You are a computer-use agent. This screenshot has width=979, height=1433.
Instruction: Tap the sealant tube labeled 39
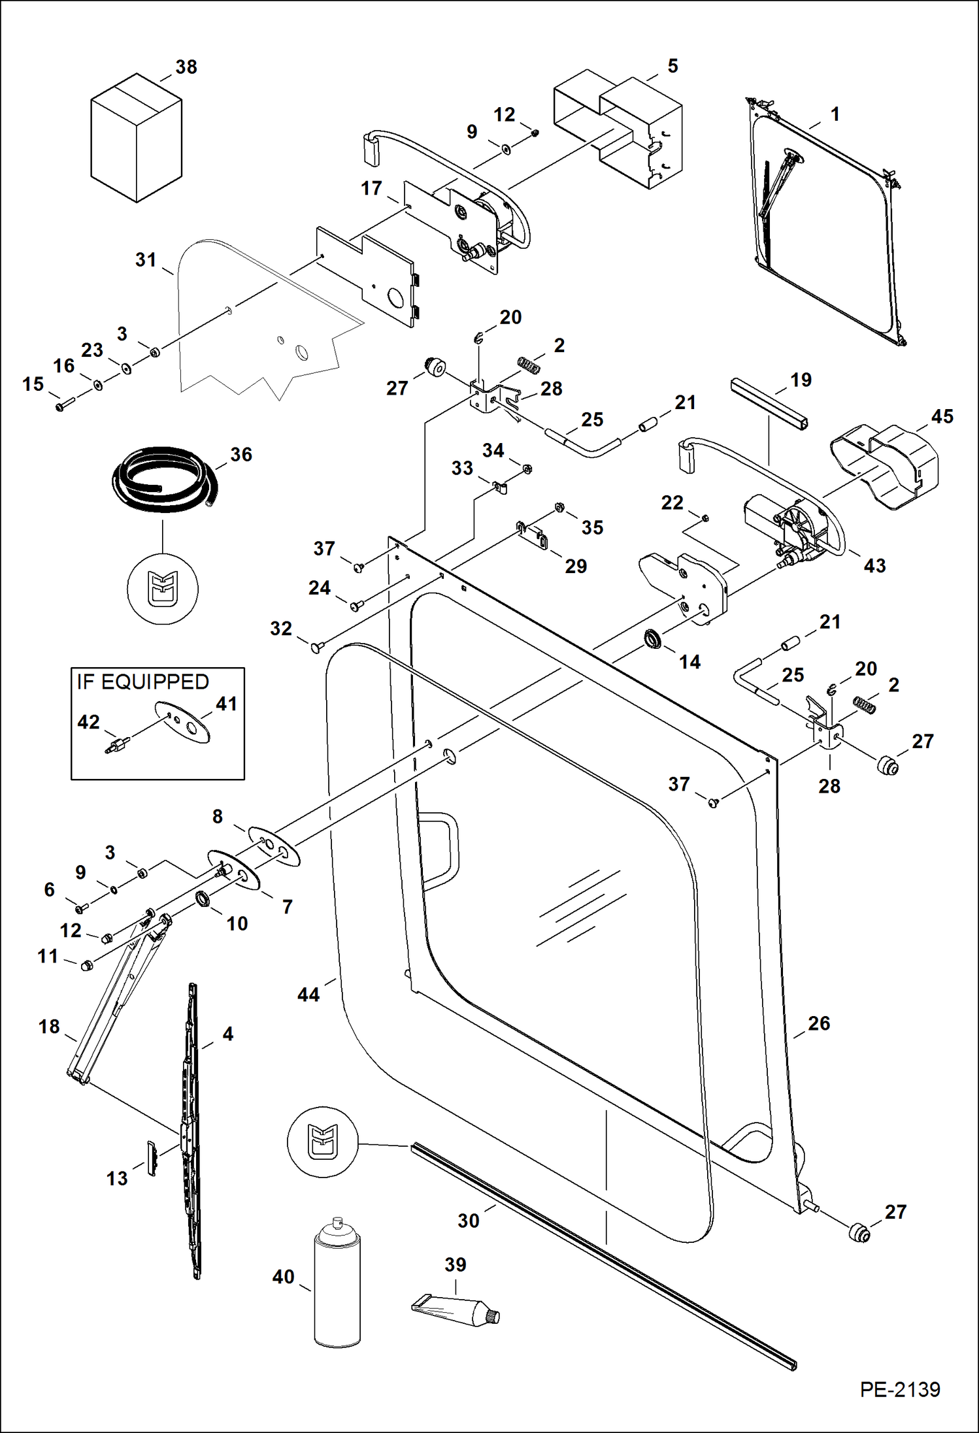coord(456,1310)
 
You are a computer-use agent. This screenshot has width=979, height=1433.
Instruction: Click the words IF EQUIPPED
coord(142,682)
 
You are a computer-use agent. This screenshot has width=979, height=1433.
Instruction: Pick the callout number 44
coord(308,995)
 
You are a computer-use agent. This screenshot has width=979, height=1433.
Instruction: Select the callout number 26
coord(819,1023)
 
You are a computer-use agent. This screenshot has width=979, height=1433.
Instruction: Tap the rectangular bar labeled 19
coord(769,403)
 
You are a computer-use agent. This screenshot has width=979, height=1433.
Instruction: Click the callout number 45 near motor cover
coord(942,417)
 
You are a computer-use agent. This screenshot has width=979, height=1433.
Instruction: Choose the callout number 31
coord(146,260)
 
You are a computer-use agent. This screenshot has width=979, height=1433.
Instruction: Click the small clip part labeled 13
coord(152,1159)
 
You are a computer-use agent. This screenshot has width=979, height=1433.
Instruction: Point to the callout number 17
coord(371,189)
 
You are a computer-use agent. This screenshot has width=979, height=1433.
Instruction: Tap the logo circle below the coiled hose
coord(162,589)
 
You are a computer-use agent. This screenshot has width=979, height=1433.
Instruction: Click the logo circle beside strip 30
coord(323,1142)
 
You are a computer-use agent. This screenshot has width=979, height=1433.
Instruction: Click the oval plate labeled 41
coord(183,723)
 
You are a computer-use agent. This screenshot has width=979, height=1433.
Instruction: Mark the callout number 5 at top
coord(672,66)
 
